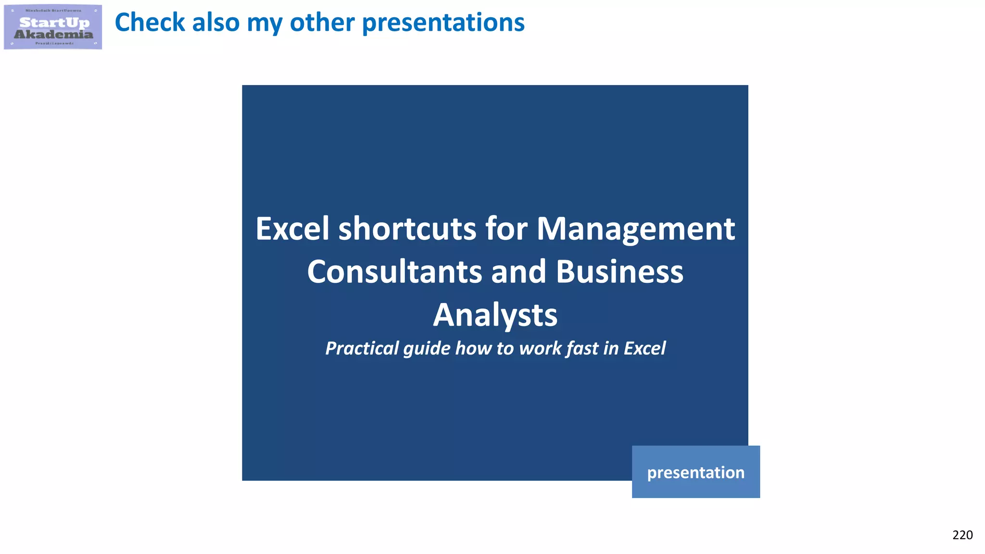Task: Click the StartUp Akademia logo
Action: click(53, 27)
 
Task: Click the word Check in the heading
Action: click(150, 23)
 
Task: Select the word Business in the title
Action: click(619, 272)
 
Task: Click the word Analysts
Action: click(495, 315)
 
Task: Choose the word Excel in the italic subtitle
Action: click(644, 348)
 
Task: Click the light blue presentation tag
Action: click(695, 472)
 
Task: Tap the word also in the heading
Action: click(215, 23)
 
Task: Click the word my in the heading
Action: click(264, 23)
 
